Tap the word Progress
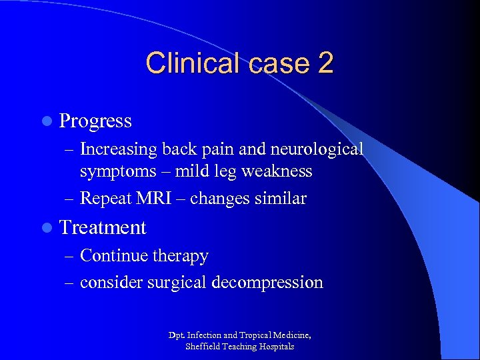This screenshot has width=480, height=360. point(95,121)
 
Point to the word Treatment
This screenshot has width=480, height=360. point(103,228)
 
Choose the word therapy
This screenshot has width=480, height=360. point(181,257)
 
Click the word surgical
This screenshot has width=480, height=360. point(176,283)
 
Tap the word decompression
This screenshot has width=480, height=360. point(267,283)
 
